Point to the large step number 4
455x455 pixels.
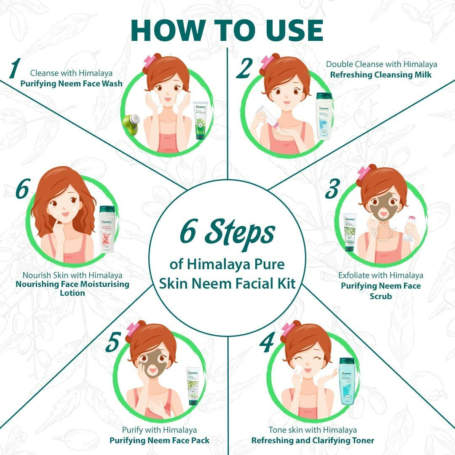point(267,343)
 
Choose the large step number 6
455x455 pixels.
point(23,190)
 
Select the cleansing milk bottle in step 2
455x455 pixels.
point(324,116)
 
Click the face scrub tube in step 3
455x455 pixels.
point(349,232)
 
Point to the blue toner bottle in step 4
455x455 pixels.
point(347,381)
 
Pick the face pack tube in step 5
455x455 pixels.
point(193,386)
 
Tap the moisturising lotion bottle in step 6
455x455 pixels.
point(107,230)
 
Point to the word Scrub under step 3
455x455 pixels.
point(380,296)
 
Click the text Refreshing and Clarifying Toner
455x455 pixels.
point(313,441)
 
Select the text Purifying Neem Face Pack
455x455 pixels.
point(159,441)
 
